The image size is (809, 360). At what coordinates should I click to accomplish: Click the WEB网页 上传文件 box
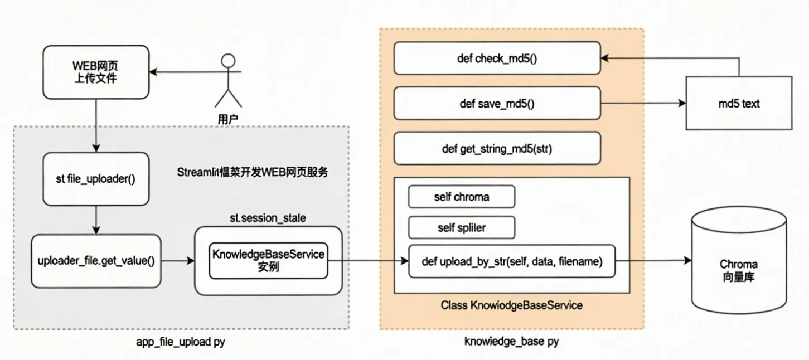click(x=96, y=72)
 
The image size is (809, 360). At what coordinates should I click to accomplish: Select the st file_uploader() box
click(x=96, y=179)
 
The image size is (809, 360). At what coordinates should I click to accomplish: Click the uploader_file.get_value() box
click(x=96, y=261)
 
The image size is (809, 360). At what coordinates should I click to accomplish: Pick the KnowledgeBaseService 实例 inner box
click(x=268, y=260)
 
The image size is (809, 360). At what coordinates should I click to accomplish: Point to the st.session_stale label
click(x=268, y=218)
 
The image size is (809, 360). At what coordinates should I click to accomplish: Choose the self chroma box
click(x=461, y=197)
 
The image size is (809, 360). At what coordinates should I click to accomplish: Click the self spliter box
click(x=461, y=227)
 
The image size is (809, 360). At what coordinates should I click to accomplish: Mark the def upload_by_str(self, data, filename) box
click(x=512, y=261)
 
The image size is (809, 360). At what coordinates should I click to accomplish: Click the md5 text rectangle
click(x=739, y=104)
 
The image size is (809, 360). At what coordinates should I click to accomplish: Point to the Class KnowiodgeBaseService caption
click(x=511, y=305)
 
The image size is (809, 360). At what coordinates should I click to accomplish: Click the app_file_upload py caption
click(x=181, y=342)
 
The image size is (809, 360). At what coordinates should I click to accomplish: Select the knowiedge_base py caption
click(x=511, y=342)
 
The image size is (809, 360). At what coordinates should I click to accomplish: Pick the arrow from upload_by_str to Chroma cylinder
click(x=652, y=261)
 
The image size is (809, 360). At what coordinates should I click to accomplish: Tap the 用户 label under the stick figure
click(x=227, y=118)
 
